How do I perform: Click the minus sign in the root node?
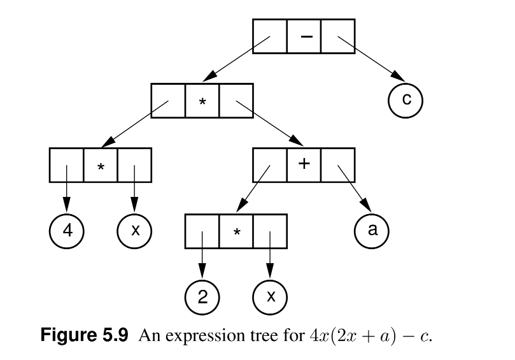click(x=304, y=36)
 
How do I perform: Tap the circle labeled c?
click(x=405, y=100)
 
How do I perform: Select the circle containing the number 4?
click(x=66, y=229)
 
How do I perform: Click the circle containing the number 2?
click(x=202, y=297)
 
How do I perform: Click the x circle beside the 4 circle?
click(x=134, y=229)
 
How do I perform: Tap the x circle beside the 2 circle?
click(x=270, y=297)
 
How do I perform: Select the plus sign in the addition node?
click(x=304, y=164)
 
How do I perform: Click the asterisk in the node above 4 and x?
click(x=100, y=167)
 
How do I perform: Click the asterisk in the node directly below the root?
click(x=202, y=103)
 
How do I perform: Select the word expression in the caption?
click(x=209, y=336)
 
